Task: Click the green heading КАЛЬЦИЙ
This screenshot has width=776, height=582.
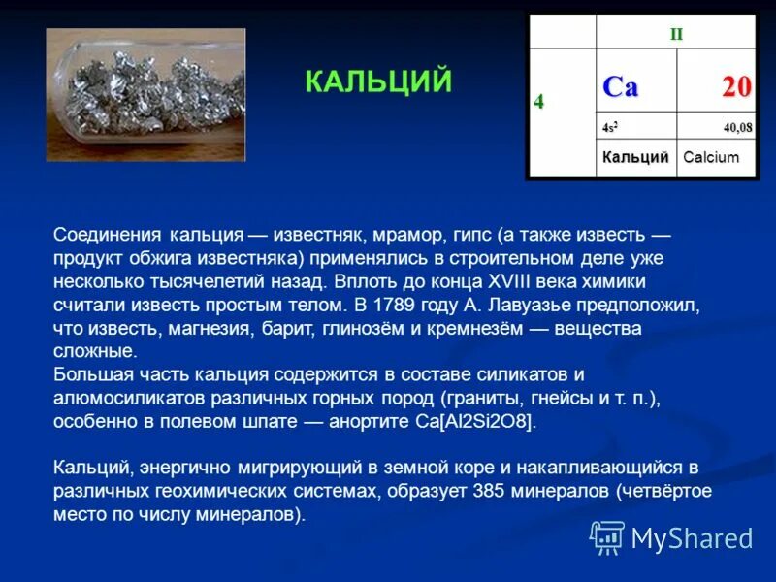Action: tap(378, 81)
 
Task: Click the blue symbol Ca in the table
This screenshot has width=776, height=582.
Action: tap(621, 86)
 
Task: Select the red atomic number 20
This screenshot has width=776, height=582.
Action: tap(734, 87)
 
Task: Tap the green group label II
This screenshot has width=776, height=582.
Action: tap(676, 34)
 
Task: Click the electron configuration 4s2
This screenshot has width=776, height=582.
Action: tap(609, 128)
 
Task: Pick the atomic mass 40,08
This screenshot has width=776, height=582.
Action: tap(736, 128)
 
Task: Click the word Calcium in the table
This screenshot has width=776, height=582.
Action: tap(710, 157)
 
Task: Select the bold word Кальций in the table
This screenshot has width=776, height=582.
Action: tap(634, 157)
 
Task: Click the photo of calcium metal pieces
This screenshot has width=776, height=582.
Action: tap(145, 94)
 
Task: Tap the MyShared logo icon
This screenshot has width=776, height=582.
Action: tap(607, 536)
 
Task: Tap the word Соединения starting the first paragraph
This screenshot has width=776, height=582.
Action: tap(108, 236)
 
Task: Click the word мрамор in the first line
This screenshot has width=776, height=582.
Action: tap(405, 236)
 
